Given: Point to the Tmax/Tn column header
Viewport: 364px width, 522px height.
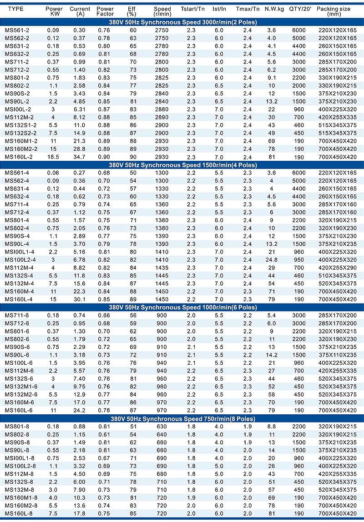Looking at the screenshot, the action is click(248, 9).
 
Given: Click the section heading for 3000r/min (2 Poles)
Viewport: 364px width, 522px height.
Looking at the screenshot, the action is click(182, 22).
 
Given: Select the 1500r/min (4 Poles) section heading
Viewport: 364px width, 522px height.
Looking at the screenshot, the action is click(182, 164).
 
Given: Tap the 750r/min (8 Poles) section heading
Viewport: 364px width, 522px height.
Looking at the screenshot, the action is click(182, 418).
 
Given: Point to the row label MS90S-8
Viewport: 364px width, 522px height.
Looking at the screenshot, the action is click(16, 442).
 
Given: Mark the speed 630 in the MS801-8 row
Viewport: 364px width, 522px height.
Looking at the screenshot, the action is click(162, 426).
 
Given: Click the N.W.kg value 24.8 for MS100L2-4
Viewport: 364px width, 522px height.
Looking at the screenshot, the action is click(272, 259).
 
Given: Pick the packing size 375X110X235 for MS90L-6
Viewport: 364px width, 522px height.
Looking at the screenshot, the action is click(337, 355).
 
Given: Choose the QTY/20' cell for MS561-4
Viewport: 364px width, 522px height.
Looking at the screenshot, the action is click(297, 172).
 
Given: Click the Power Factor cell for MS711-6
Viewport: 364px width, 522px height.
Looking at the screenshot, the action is click(106, 315).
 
